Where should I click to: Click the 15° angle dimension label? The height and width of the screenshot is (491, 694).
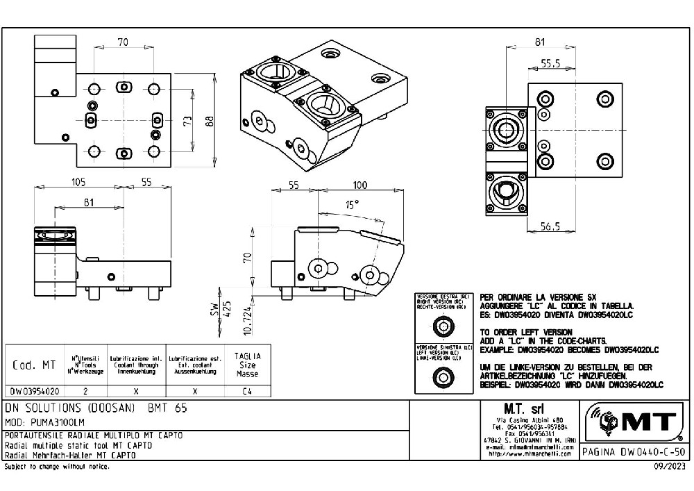tap(353, 205)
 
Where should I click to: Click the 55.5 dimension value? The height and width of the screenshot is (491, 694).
tap(550, 63)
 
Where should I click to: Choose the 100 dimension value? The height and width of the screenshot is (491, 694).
tap(359, 185)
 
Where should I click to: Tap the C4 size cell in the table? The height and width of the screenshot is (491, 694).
tap(247, 391)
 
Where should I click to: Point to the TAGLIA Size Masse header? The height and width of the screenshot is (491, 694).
tap(247, 364)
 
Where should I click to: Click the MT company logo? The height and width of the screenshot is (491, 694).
tap(634, 421)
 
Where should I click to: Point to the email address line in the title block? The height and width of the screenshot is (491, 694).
tap(528, 448)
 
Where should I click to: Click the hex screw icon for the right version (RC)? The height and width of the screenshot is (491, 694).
tap(441, 326)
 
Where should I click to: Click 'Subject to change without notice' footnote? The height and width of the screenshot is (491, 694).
tap(57, 467)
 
